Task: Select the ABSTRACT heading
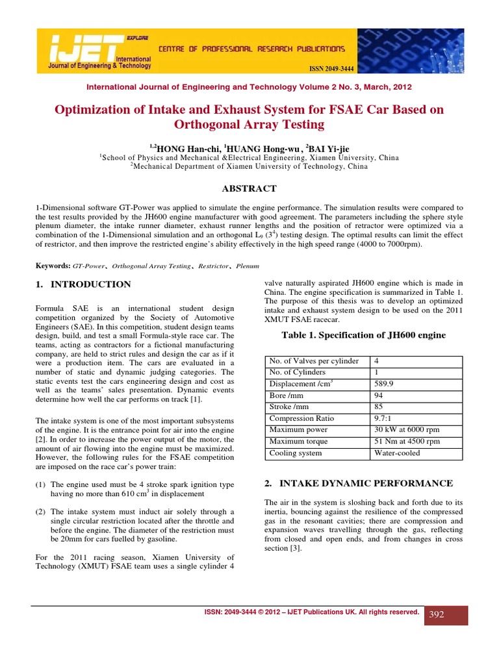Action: click(x=249, y=188)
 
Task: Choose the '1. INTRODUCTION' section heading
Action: click(x=83, y=284)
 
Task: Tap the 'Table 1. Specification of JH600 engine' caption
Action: click(x=363, y=335)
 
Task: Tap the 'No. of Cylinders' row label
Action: click(x=298, y=372)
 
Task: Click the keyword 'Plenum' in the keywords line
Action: click(x=248, y=266)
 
